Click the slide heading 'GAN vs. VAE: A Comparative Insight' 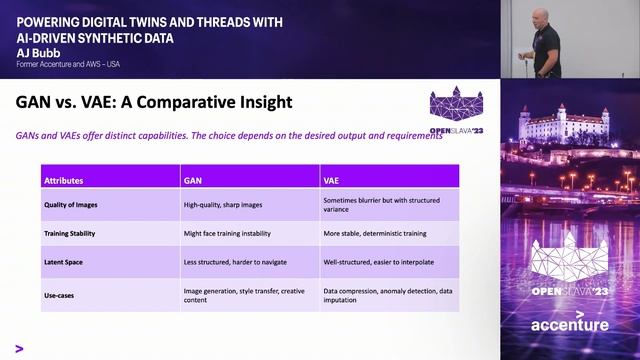154,102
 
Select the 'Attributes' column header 63,181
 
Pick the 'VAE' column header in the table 332,181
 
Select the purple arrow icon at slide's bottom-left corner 20,349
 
